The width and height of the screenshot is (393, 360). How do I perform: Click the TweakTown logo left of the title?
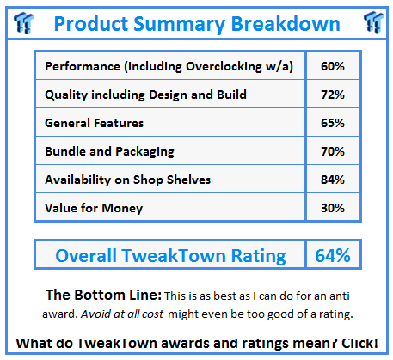coord(23,22)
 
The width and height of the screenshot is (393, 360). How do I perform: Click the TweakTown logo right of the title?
coord(373,22)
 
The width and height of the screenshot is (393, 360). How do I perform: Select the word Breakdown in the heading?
coord(286,23)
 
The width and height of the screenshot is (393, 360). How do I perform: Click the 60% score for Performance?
coord(333,66)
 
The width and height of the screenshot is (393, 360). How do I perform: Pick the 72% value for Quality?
coord(333,95)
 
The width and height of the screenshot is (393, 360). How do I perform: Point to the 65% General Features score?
coord(333,123)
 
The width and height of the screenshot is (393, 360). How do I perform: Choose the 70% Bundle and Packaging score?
coord(333,151)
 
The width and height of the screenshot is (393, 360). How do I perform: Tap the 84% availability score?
coord(333,180)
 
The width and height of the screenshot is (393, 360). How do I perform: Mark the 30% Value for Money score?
coord(333,208)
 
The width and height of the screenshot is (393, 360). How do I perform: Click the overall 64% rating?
coord(333,255)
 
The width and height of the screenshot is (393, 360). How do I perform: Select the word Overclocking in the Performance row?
coord(224,67)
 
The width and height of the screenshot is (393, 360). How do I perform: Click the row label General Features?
coord(94,123)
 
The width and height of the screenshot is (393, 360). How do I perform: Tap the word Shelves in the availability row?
coord(188,180)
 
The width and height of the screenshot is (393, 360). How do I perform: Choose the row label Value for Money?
coord(94,209)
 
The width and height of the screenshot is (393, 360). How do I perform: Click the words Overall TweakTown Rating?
coord(170,256)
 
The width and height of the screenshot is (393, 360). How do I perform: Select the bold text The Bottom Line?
coord(103,295)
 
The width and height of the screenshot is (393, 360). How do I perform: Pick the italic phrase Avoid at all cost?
coord(122,314)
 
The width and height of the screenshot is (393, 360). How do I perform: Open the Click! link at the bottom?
coord(359,343)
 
